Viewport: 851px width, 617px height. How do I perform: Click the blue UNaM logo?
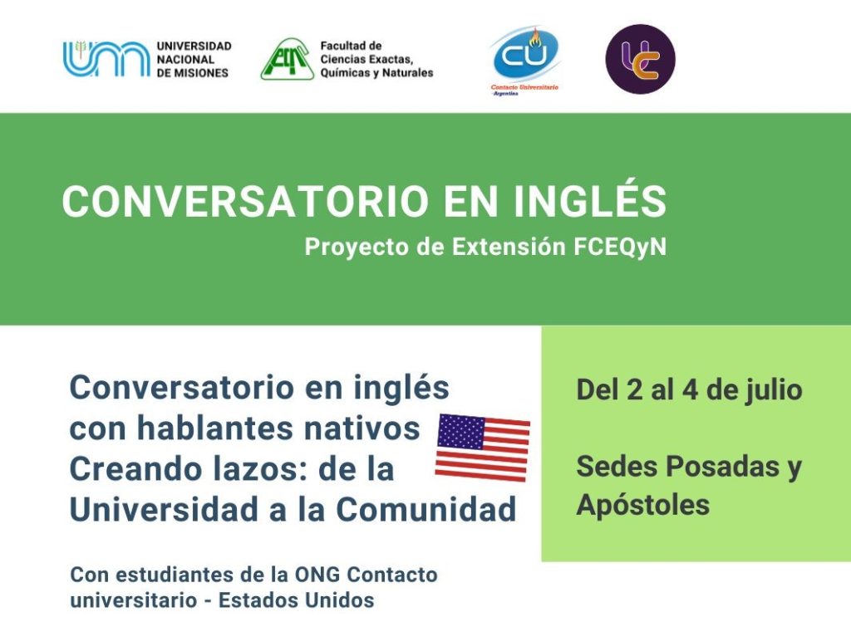(x=106, y=59)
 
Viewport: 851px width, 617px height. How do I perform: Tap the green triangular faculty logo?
(x=287, y=59)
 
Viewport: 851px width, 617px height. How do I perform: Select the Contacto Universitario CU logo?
(x=524, y=61)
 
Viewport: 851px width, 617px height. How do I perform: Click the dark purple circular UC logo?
(x=641, y=59)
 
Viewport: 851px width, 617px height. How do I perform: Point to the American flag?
(x=483, y=448)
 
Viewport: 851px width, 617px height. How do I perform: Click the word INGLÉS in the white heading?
(x=590, y=201)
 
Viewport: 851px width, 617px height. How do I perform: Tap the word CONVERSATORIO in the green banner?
(x=246, y=202)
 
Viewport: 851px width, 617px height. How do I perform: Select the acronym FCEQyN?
(x=620, y=247)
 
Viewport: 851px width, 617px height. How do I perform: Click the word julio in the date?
(x=771, y=389)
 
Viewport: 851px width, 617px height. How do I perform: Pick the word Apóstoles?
(x=643, y=505)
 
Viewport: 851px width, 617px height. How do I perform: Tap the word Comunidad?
(x=426, y=510)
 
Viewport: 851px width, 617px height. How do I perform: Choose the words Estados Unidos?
(x=297, y=600)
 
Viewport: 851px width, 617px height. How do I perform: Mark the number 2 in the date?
(x=634, y=389)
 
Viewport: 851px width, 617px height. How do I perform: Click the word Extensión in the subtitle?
(x=509, y=247)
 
